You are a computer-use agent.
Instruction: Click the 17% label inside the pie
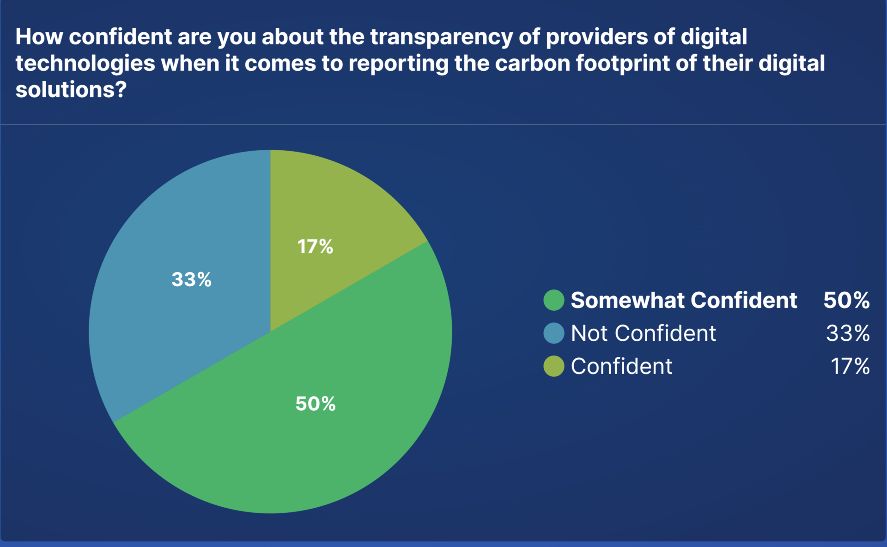[x=315, y=246]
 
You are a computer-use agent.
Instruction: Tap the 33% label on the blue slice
[x=191, y=279]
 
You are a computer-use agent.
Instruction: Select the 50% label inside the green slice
[x=316, y=404]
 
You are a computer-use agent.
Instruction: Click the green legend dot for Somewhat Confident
[x=553, y=300]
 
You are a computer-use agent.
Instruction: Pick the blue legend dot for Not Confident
[x=553, y=333]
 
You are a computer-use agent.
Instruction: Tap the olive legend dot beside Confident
[x=553, y=366]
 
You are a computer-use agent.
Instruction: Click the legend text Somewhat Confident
[x=684, y=300]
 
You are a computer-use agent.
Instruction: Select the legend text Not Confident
[x=643, y=333]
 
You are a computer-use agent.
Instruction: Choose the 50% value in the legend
[x=846, y=300]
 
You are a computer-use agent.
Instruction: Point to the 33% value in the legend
[x=848, y=333]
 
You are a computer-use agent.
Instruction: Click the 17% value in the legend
[x=850, y=366]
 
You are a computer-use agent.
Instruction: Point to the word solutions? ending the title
[x=71, y=90]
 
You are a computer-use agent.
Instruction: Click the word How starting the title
[x=39, y=37]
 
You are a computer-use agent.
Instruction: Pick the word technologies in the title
[x=85, y=63]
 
